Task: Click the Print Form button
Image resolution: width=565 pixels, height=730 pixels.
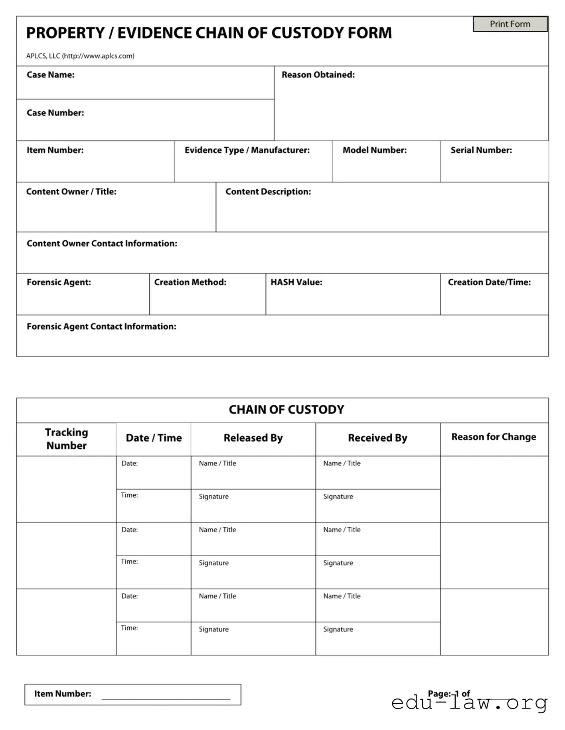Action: click(x=510, y=24)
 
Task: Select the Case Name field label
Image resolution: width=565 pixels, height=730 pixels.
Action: click(x=50, y=75)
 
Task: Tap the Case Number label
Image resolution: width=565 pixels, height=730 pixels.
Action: click(x=55, y=113)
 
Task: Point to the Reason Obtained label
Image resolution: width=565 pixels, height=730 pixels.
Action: click(x=318, y=75)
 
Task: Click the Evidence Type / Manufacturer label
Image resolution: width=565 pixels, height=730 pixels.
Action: click(x=247, y=150)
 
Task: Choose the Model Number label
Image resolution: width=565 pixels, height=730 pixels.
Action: click(x=374, y=150)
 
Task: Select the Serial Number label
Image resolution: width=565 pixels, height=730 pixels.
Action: click(x=481, y=150)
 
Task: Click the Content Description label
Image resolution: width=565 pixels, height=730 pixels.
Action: click(x=268, y=192)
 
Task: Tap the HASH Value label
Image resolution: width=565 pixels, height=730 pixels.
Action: click(x=296, y=282)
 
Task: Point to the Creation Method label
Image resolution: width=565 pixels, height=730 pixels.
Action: click(x=190, y=282)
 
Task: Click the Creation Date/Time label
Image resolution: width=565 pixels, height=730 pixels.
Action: click(x=489, y=282)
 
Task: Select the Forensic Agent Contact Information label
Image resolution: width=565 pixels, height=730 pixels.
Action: click(x=101, y=326)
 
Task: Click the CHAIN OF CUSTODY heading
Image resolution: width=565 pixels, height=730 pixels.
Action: click(x=286, y=410)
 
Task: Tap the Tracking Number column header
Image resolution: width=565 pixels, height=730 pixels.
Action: click(x=66, y=439)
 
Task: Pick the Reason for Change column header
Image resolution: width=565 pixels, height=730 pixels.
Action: click(x=493, y=437)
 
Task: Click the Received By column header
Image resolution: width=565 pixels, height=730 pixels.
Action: click(x=377, y=438)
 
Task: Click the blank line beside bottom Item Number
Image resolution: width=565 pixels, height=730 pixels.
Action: click(x=166, y=695)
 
